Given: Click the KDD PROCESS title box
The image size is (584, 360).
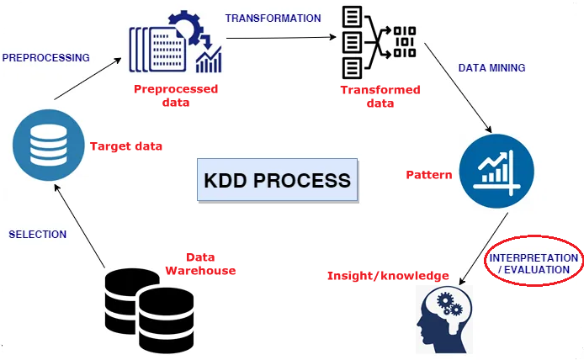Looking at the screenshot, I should click(x=276, y=180).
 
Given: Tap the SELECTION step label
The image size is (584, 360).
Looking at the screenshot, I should click(x=37, y=235).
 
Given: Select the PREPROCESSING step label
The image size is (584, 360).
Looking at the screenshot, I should click(x=45, y=58).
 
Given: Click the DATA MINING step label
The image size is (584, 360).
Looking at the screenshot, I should click(x=491, y=66).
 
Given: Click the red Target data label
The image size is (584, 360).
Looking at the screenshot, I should click(x=125, y=146).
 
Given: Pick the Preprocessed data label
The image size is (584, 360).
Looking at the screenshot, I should click(x=176, y=96).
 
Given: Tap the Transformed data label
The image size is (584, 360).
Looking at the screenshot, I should click(x=368, y=97).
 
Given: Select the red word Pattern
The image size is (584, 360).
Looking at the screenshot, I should click(x=428, y=176).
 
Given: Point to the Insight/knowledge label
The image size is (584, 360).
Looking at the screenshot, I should click(x=388, y=276).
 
